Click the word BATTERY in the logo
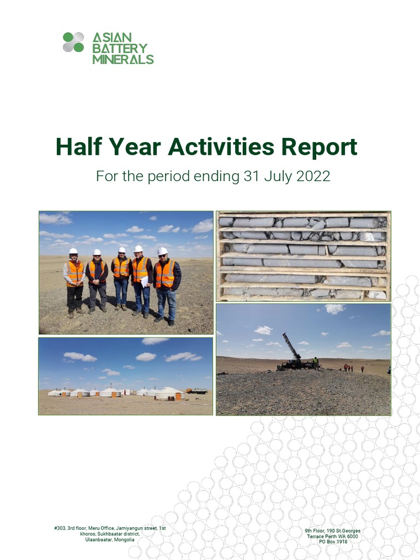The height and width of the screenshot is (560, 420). click(120, 48)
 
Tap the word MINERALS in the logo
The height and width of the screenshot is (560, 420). click(123, 59)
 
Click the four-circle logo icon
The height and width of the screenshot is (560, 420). click(73, 42)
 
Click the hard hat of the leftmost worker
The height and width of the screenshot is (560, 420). click(73, 251)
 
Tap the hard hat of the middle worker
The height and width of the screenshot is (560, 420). click(122, 250)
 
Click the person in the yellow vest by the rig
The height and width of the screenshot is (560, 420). click(316, 363)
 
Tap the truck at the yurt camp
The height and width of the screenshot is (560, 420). click(197, 391)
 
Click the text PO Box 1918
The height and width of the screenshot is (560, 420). click(333, 541)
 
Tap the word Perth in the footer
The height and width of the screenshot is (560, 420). click(335, 536)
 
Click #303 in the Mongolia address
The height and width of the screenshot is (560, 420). click(60, 528)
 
